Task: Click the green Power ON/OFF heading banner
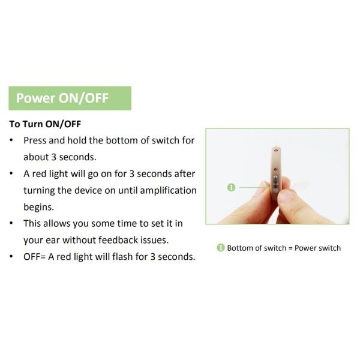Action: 70,98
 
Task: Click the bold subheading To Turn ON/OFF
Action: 45,124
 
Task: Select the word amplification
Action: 168,191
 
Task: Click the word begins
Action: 38,208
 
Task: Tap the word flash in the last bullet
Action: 125,256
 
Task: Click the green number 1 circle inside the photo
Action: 231,187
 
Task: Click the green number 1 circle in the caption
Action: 221,248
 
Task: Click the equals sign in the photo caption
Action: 290,248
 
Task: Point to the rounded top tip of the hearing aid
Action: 275,147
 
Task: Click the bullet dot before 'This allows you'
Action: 11,223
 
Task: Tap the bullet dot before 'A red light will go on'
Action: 11,173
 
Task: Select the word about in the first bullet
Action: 36,157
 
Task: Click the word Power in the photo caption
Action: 305,248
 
